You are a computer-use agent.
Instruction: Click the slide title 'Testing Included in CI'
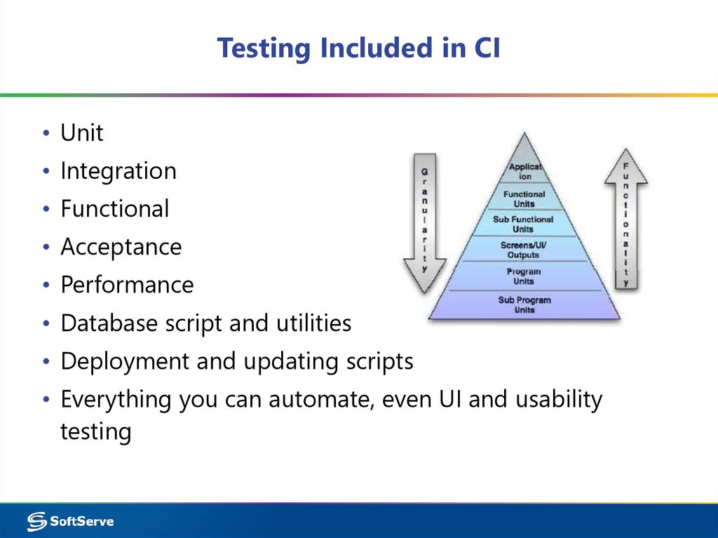click(358, 48)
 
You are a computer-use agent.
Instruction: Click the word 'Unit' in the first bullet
click(81, 133)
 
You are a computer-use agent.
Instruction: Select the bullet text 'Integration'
click(118, 171)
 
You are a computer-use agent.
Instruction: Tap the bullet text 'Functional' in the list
click(114, 209)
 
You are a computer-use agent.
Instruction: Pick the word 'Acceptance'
click(121, 247)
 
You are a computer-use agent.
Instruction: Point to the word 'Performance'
click(126, 285)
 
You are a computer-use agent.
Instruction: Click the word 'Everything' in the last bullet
click(116, 399)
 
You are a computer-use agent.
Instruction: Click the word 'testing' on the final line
click(95, 431)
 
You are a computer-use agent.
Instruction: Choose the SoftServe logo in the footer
click(70, 521)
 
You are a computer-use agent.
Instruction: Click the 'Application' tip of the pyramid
click(524, 171)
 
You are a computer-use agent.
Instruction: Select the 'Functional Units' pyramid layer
click(524, 199)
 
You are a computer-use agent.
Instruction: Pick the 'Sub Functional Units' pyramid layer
click(523, 224)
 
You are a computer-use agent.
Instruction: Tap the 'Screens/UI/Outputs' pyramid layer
click(523, 250)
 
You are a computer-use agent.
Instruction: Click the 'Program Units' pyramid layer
click(524, 276)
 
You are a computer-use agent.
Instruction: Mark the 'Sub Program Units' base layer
click(524, 304)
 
